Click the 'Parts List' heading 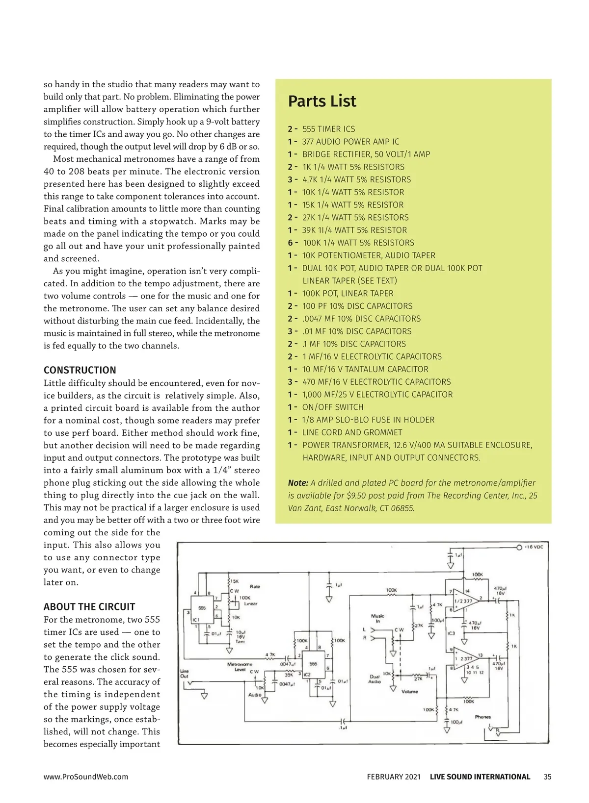point(322,101)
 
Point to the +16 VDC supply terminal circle point(519,547)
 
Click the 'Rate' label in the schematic point(255,586)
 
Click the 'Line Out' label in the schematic point(184,674)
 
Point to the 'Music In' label point(377,618)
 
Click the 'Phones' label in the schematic point(482,717)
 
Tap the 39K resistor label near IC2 point(289,675)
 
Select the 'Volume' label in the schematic point(409,692)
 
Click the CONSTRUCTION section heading point(80,370)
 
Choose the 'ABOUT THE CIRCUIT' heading point(89,606)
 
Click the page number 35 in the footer point(548,777)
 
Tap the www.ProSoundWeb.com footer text point(86,777)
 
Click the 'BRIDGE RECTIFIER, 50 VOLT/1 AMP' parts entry point(366,154)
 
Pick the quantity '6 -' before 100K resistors point(293,243)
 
